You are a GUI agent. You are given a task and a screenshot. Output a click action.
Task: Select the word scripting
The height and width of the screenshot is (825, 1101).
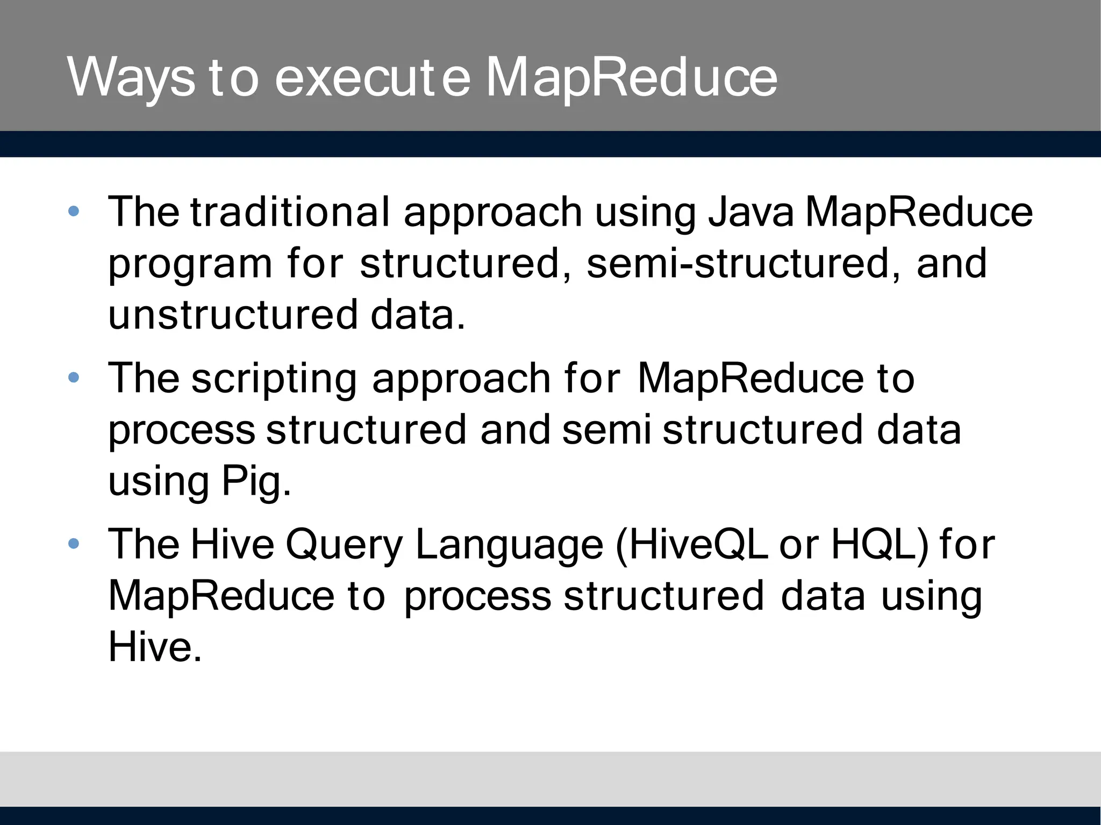point(274,379)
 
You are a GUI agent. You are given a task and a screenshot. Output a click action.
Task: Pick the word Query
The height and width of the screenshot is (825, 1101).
point(344,545)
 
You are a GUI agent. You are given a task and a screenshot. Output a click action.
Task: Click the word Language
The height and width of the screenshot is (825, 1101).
point(510,545)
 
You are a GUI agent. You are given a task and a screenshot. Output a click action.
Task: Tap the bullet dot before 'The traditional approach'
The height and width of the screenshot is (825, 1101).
point(74,212)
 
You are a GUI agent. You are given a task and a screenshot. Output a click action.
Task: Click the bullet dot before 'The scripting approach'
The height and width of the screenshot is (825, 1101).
point(74,378)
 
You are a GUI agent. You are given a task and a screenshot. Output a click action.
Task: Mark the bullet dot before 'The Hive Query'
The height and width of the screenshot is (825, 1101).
point(74,544)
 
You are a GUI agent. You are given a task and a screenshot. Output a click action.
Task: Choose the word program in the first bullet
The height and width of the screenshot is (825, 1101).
point(190,264)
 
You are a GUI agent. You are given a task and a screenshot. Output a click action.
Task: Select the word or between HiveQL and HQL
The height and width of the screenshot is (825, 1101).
point(799,545)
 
